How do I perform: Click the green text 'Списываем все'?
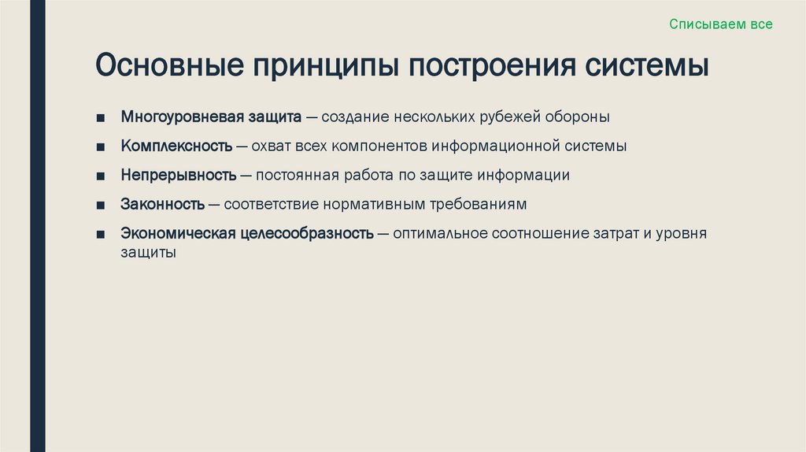(x=721, y=24)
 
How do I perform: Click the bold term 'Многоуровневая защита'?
(x=211, y=117)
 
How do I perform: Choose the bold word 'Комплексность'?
(x=176, y=146)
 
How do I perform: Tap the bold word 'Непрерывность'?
(x=179, y=176)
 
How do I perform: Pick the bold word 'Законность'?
(x=163, y=205)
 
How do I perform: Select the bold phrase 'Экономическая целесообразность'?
(x=247, y=234)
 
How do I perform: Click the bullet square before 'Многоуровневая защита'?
(x=102, y=118)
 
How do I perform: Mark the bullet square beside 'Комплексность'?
(x=102, y=147)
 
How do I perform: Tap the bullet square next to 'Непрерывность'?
(x=102, y=176)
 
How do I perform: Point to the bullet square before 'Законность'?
(x=102, y=206)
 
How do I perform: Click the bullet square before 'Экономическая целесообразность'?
(x=102, y=235)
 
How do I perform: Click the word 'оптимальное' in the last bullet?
(x=439, y=234)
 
